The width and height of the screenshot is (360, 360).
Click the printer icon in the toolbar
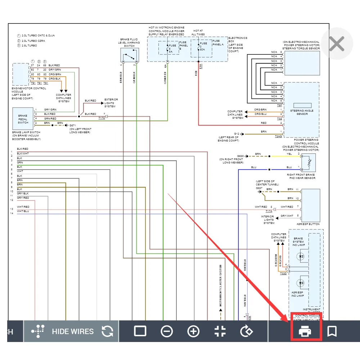click(x=305, y=331)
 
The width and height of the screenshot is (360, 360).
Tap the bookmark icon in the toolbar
click(x=332, y=331)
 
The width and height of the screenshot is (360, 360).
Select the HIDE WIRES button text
click(x=73, y=331)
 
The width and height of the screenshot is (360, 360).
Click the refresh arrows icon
click(x=107, y=331)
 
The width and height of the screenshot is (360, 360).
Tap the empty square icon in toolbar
click(x=140, y=331)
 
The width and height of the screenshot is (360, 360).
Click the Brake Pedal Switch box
click(x=23, y=118)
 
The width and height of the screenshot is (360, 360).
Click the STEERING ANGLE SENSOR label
click(x=302, y=112)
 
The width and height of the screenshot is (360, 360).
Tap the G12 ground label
click(x=237, y=134)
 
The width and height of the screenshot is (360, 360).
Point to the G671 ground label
click(x=72, y=125)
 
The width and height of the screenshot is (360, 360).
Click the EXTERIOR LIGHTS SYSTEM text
click(x=111, y=103)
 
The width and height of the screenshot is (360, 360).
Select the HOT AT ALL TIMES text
click(x=199, y=33)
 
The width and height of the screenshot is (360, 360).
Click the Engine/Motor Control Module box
click(x=21, y=74)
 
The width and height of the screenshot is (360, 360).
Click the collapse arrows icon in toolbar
click(x=220, y=331)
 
